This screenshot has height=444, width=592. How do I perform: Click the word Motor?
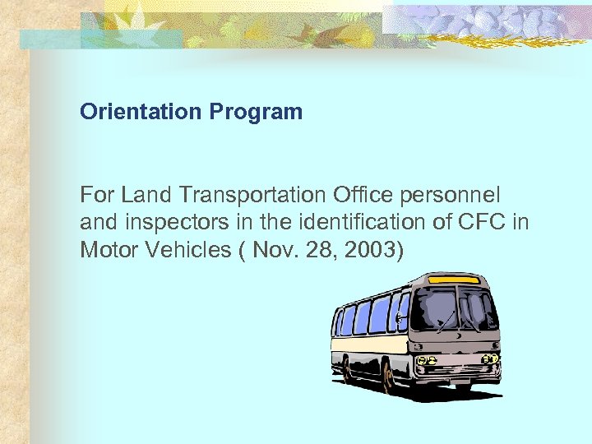tap(107, 249)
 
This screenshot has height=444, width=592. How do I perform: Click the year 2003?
tap(370, 249)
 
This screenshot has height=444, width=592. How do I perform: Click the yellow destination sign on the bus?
tap(455, 280)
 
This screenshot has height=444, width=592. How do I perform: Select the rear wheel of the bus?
tap(346, 369)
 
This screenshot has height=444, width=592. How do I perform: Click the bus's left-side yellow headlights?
tap(423, 360)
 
